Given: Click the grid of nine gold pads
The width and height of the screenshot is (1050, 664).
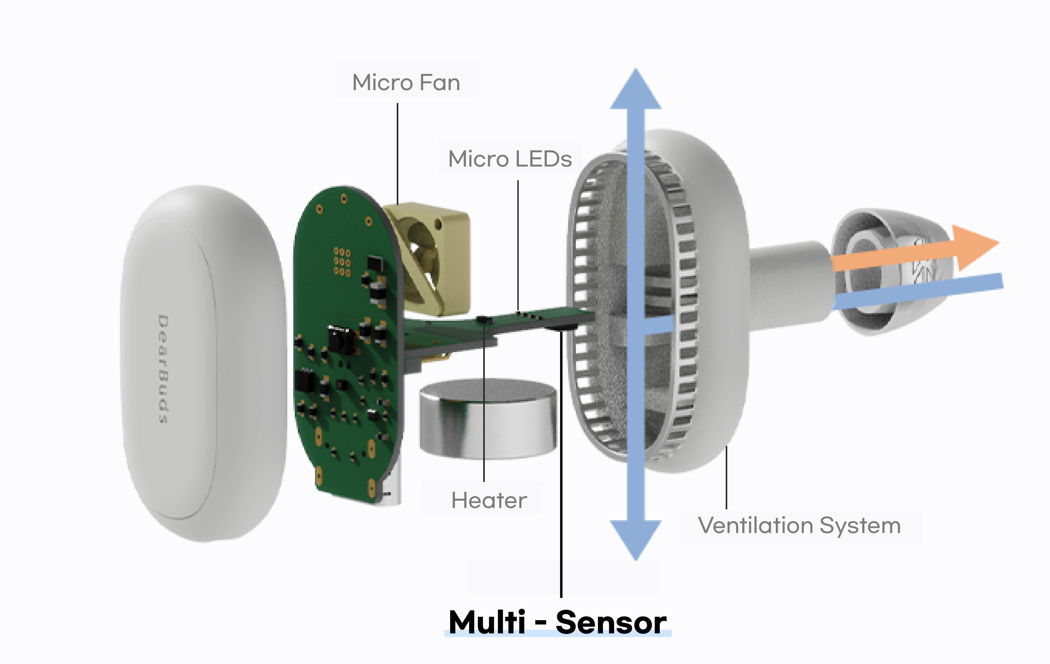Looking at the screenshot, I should click(x=342, y=262).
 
